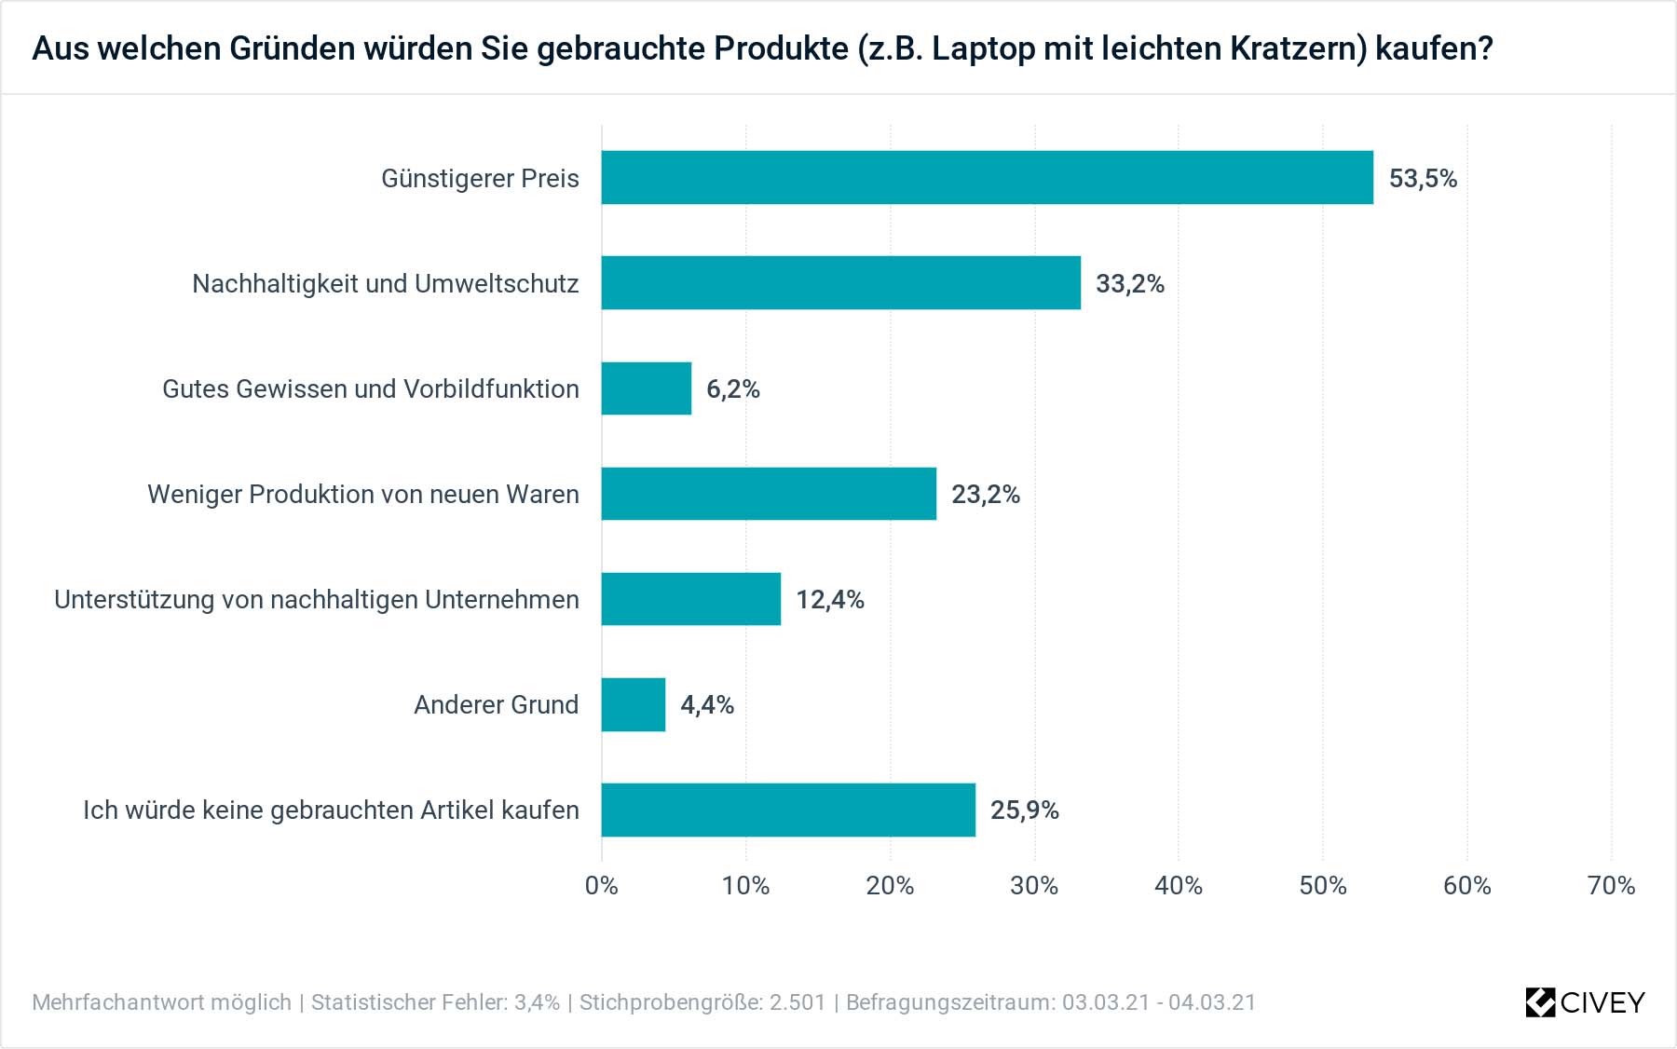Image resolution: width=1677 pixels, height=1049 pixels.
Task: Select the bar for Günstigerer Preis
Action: [987, 177]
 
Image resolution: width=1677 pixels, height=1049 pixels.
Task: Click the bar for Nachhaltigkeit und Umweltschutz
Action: [840, 282]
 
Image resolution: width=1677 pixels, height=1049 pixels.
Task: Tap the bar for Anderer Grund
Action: [633, 704]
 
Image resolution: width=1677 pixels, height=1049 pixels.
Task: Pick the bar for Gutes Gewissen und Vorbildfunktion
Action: [646, 388]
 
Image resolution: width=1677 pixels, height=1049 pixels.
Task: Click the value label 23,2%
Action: [985, 494]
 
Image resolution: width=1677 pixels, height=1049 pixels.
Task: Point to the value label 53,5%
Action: [1422, 178]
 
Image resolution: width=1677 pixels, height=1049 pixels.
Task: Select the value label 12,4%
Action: [829, 599]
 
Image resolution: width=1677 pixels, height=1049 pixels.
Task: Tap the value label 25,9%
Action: [1024, 810]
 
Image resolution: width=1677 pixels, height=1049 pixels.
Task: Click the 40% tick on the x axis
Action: [1178, 885]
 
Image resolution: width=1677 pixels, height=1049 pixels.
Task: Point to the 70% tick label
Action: [1610, 885]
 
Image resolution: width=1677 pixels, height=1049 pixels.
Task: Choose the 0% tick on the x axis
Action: [601, 885]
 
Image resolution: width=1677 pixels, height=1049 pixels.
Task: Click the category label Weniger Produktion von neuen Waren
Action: [362, 494]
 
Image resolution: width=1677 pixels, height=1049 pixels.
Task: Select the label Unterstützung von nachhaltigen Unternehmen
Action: [316, 599]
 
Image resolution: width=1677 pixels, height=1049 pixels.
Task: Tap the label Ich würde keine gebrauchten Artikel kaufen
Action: [331, 810]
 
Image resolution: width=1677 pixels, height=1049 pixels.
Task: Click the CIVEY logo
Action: [1585, 1002]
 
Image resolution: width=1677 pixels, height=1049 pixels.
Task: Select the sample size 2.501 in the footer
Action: [798, 1002]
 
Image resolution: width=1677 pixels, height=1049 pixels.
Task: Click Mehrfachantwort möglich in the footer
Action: [161, 1002]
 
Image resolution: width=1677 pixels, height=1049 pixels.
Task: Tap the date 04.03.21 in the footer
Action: [1212, 1002]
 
